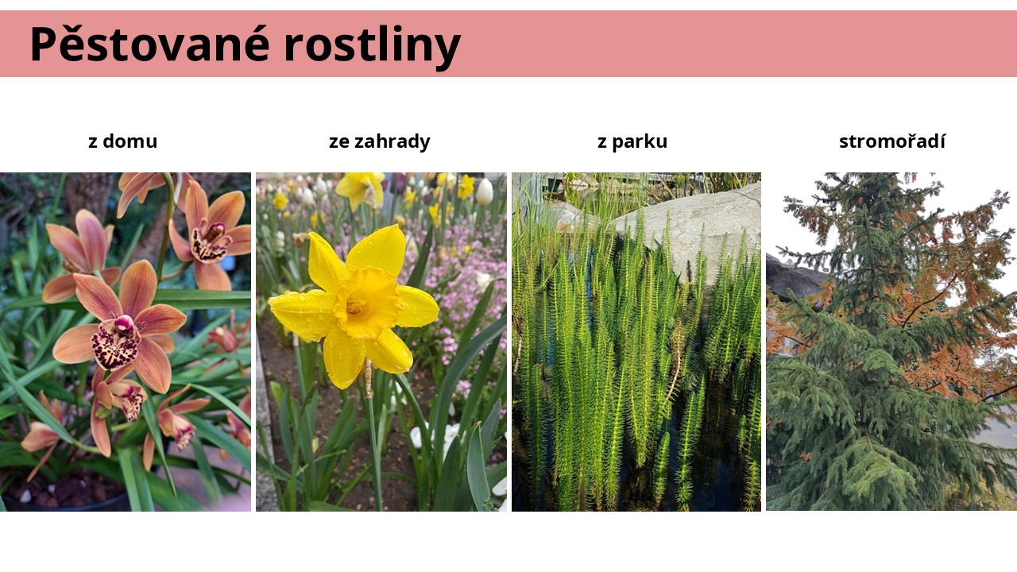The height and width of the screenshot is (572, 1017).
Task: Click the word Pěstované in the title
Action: click(150, 43)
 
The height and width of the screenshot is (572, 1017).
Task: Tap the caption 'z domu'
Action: click(122, 141)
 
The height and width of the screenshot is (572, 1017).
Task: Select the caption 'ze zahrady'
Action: click(380, 141)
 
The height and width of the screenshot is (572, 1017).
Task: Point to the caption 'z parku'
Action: click(632, 141)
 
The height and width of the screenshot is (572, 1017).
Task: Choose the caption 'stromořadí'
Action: click(892, 141)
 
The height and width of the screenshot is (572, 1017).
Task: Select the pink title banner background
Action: click(726, 44)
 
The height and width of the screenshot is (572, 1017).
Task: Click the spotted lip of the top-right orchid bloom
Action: click(209, 243)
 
